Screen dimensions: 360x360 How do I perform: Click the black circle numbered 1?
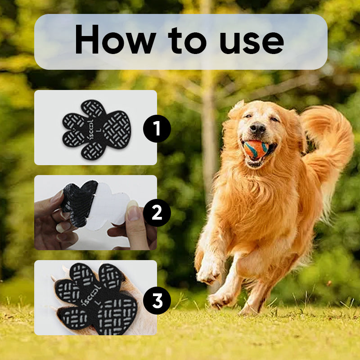click(157, 129)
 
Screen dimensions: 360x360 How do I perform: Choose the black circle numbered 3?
click(157, 300)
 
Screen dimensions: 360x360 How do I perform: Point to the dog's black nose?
click(258, 128)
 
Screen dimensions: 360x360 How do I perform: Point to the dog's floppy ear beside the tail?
click(295, 130)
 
